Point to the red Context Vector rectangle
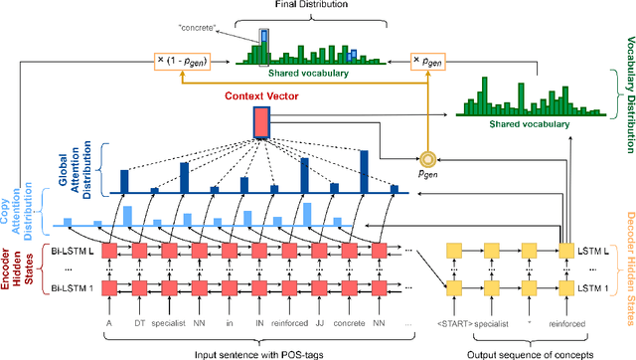261,121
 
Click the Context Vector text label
261,97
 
